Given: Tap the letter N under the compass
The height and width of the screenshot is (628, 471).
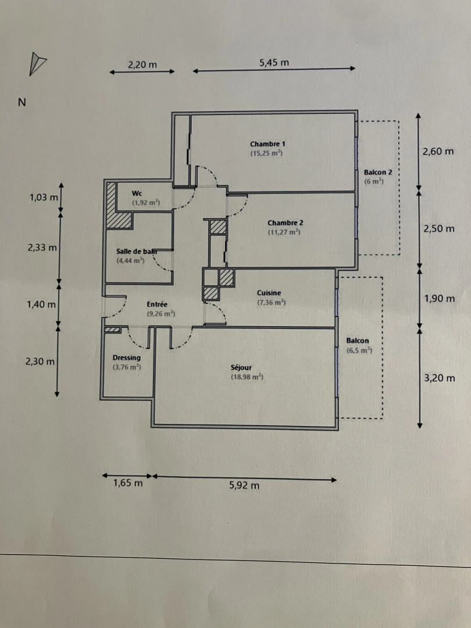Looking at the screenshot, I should click(22, 102).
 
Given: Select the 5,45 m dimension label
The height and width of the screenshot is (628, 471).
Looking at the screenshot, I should click(274, 62).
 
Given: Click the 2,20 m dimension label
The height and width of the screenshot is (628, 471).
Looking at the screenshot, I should click(142, 65).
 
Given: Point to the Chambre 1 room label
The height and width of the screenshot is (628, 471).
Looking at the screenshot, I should click(267, 144).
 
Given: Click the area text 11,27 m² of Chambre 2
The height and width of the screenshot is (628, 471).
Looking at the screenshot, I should click(284, 233).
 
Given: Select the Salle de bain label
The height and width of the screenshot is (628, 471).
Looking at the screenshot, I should click(137, 251).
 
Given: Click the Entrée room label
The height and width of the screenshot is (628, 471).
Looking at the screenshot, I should click(157, 304).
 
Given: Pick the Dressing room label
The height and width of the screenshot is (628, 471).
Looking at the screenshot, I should click(126, 358).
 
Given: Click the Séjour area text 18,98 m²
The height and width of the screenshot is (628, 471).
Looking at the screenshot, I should click(247, 377).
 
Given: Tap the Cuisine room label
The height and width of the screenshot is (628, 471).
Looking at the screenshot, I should click(269, 293).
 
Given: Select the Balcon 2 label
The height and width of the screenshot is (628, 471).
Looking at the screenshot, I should click(378, 172).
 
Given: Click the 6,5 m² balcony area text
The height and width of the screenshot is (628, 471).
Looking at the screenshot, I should click(359, 351).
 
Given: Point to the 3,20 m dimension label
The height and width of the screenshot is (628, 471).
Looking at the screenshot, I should click(439, 377).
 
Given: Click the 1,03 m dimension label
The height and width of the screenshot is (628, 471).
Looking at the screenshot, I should click(44, 197).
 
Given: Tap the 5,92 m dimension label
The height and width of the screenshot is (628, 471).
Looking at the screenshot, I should click(244, 485).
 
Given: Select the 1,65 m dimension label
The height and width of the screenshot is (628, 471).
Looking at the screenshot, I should click(128, 482).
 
